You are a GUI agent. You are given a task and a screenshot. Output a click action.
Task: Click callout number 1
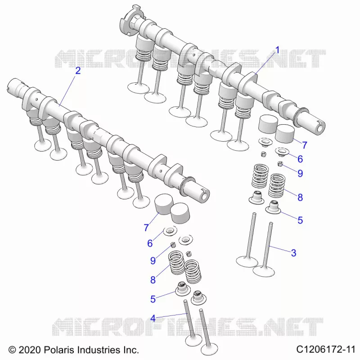click(277, 50)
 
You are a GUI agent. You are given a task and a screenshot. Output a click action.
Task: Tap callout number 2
click(78, 71)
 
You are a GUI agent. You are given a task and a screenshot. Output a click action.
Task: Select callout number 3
click(293, 253)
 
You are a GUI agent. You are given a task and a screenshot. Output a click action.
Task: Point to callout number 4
click(153, 319)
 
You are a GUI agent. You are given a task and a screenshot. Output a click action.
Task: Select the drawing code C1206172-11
click(325, 350)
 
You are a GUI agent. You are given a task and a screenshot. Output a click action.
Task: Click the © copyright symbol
click(12, 350)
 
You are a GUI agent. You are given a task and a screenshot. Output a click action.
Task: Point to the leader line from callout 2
click(67, 91)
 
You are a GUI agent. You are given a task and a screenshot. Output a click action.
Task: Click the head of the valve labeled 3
click(264, 271)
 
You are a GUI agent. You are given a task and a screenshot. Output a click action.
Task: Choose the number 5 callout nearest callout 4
click(153, 299)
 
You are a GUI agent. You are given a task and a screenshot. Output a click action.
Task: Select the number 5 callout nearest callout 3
click(300, 220)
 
